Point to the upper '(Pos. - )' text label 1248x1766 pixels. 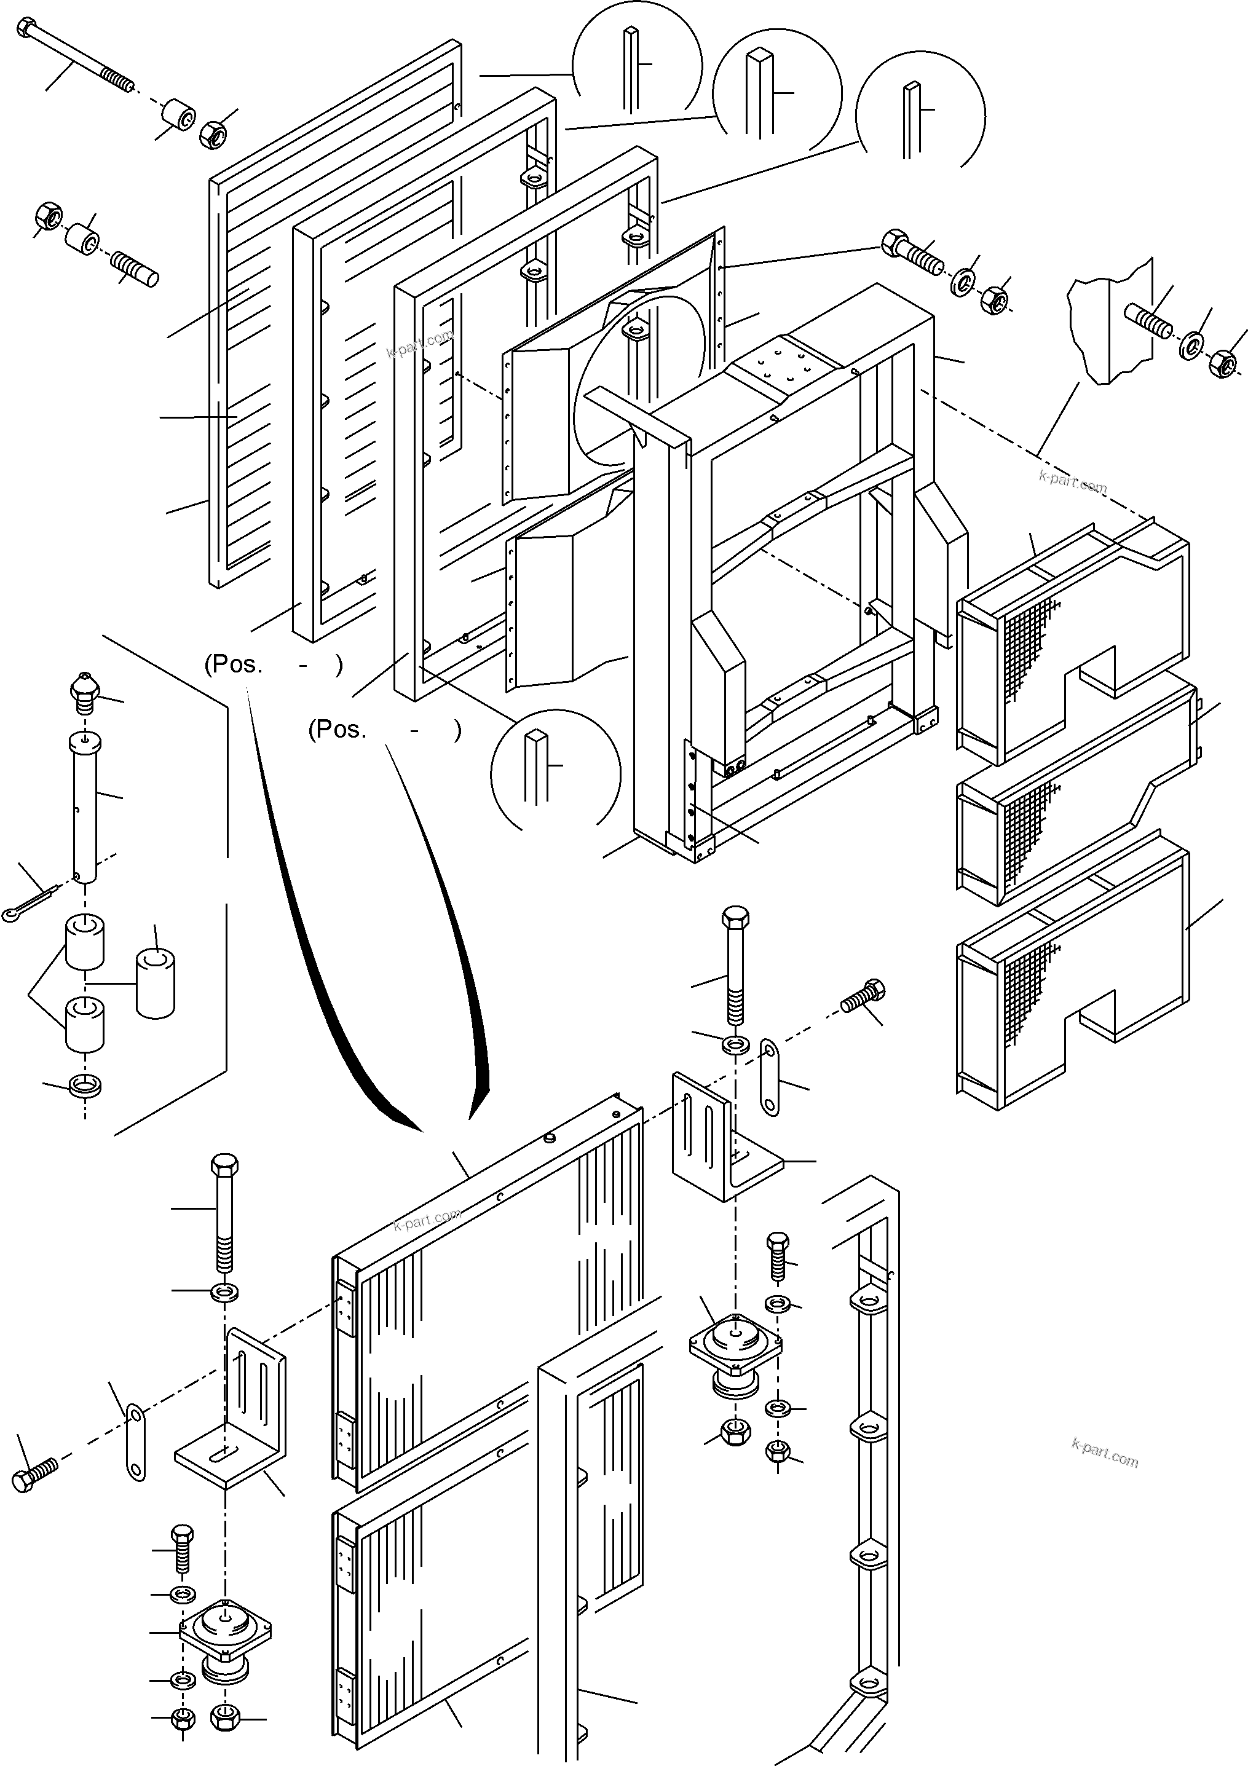coord(273,664)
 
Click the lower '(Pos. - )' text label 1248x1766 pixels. coord(385,729)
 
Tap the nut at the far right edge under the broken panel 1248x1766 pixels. coord(1222,363)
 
